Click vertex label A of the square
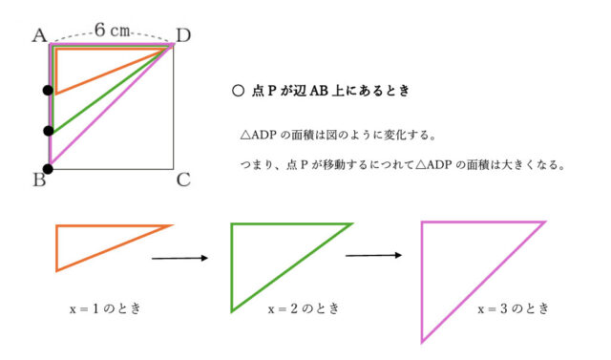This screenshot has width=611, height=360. click(x=40, y=35)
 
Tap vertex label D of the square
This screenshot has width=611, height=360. click(x=183, y=35)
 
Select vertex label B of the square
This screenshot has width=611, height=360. click(x=39, y=180)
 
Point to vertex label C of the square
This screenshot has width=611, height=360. click(x=184, y=180)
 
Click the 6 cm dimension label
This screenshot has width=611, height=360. click(x=111, y=31)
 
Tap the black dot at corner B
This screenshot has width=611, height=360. click(x=49, y=169)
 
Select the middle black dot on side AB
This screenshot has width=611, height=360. click(x=49, y=131)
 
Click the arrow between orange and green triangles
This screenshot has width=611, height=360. click(x=181, y=257)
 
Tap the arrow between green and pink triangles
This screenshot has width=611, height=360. click(x=372, y=255)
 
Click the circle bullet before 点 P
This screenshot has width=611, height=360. click(x=238, y=92)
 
